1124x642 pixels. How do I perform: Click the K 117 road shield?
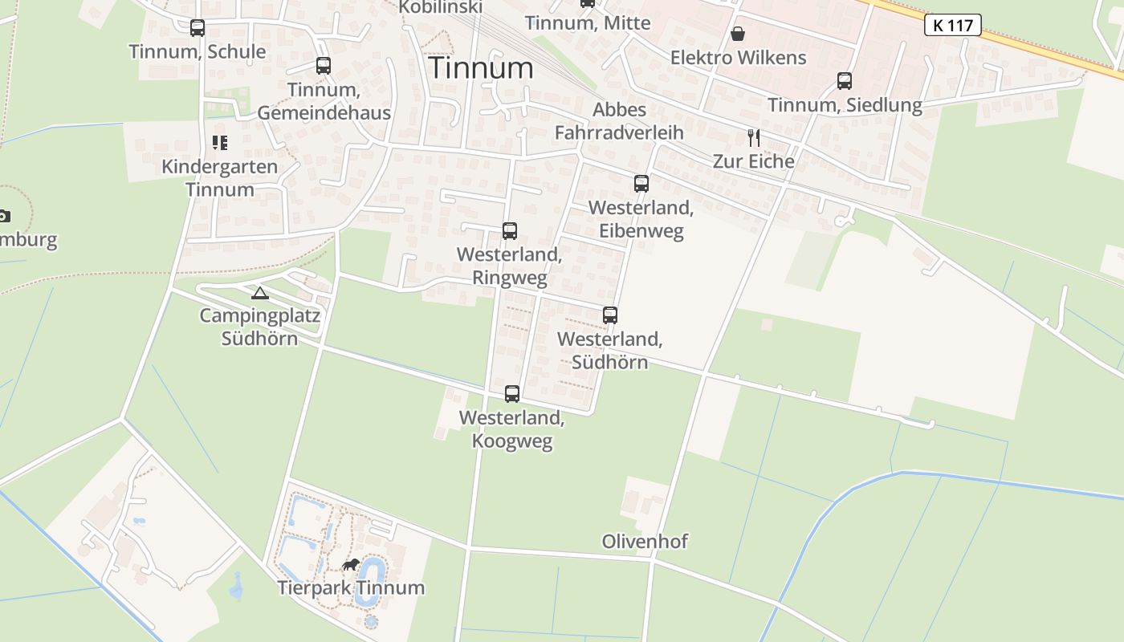coord(953,25)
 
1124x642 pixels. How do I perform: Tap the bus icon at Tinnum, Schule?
coord(198,28)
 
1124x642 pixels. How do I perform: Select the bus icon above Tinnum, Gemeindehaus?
coord(324,66)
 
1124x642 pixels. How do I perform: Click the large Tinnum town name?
coord(481,68)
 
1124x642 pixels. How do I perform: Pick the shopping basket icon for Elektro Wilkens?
coord(738,34)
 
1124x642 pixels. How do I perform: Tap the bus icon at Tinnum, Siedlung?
coord(845,81)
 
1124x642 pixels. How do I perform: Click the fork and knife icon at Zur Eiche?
coord(753,138)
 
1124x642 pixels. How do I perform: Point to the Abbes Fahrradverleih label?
coord(619,121)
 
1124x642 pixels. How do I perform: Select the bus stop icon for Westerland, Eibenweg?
coord(641,184)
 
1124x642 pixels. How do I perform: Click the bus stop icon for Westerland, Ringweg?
coord(510,231)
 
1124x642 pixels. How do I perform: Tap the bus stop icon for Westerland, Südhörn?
coord(610,315)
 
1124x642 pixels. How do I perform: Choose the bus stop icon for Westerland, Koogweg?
coord(512,394)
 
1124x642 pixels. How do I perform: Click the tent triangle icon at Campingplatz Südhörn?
coord(259,293)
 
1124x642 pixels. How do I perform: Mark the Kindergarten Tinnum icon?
coord(220,143)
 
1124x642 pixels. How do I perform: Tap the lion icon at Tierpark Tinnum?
coord(351,565)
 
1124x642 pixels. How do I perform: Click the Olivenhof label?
coord(645,542)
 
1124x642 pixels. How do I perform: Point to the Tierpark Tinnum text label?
coord(351,587)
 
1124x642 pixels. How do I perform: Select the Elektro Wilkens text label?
coord(738,58)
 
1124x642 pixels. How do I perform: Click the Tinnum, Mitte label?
coord(588,22)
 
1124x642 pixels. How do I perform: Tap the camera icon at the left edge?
coord(4,215)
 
